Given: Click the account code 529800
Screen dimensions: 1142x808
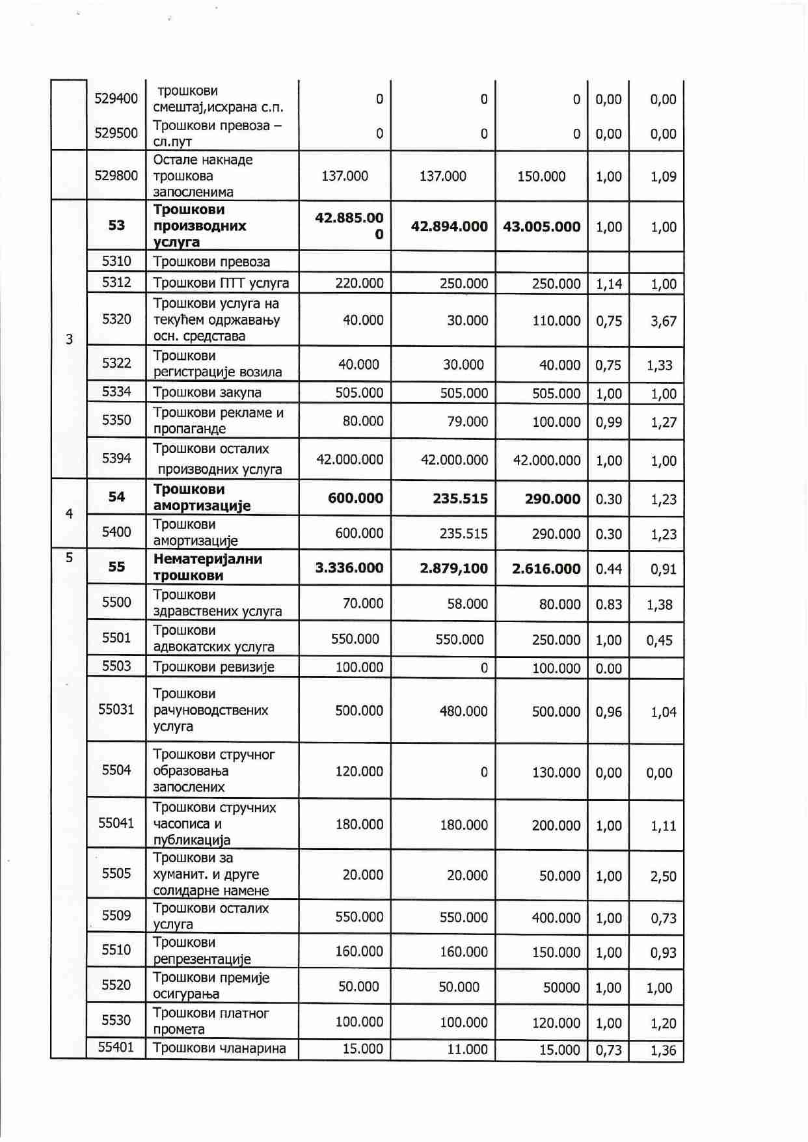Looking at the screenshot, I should pos(116,176).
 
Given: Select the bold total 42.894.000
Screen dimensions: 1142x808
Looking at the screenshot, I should pos(449,226).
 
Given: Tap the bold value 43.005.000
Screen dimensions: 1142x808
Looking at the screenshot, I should pos(541,226).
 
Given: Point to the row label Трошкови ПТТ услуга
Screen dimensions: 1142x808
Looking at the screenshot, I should pos(221,283).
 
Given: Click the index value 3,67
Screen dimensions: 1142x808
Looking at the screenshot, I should pos(663,321).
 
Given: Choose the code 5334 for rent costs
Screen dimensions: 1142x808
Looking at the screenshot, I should pos(116,392).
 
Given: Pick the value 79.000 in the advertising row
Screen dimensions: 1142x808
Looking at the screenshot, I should pos(467,422).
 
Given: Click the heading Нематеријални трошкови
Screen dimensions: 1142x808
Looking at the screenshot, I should pos(208,567).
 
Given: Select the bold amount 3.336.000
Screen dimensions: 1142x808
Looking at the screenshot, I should pos(349,568).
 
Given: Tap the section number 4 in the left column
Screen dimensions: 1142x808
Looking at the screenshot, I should pos(69,514).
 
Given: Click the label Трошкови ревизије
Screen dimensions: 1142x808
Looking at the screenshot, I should pos(213,667).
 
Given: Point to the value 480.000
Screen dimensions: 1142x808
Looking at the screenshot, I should pos(463,711).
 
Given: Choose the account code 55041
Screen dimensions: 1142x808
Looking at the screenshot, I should pos(116,823).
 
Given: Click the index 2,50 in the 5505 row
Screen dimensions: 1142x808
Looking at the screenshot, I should pos(663,877).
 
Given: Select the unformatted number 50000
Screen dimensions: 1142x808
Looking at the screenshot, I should pos(561,988).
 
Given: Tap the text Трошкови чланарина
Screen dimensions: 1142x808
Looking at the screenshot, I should pos(219,1048).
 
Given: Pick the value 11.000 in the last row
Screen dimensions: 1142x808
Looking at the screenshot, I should pos(467,1050).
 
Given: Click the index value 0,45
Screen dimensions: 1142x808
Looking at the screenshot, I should pos(659,640).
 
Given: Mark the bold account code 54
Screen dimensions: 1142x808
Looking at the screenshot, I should pos(116,497).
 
